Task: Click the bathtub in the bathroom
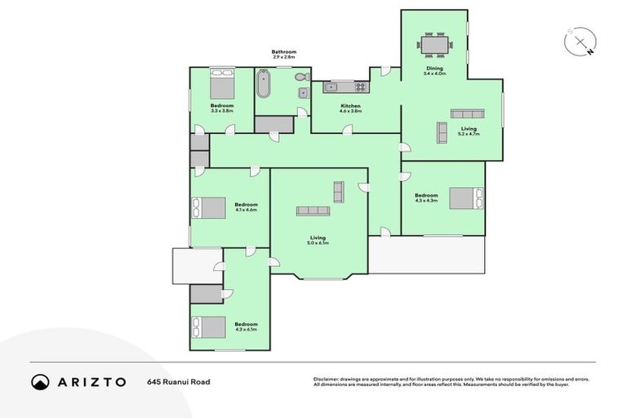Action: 264,83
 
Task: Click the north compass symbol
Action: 579,41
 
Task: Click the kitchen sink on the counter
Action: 331,87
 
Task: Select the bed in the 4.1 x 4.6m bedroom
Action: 209,208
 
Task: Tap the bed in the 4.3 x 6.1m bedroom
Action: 209,327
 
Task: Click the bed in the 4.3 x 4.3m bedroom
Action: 466,198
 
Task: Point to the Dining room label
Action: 433,69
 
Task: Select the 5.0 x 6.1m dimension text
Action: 318,242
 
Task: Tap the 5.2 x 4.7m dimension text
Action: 469,133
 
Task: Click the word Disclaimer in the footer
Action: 327,379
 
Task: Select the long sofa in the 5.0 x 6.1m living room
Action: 313,211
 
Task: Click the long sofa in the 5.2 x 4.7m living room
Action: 468,113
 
